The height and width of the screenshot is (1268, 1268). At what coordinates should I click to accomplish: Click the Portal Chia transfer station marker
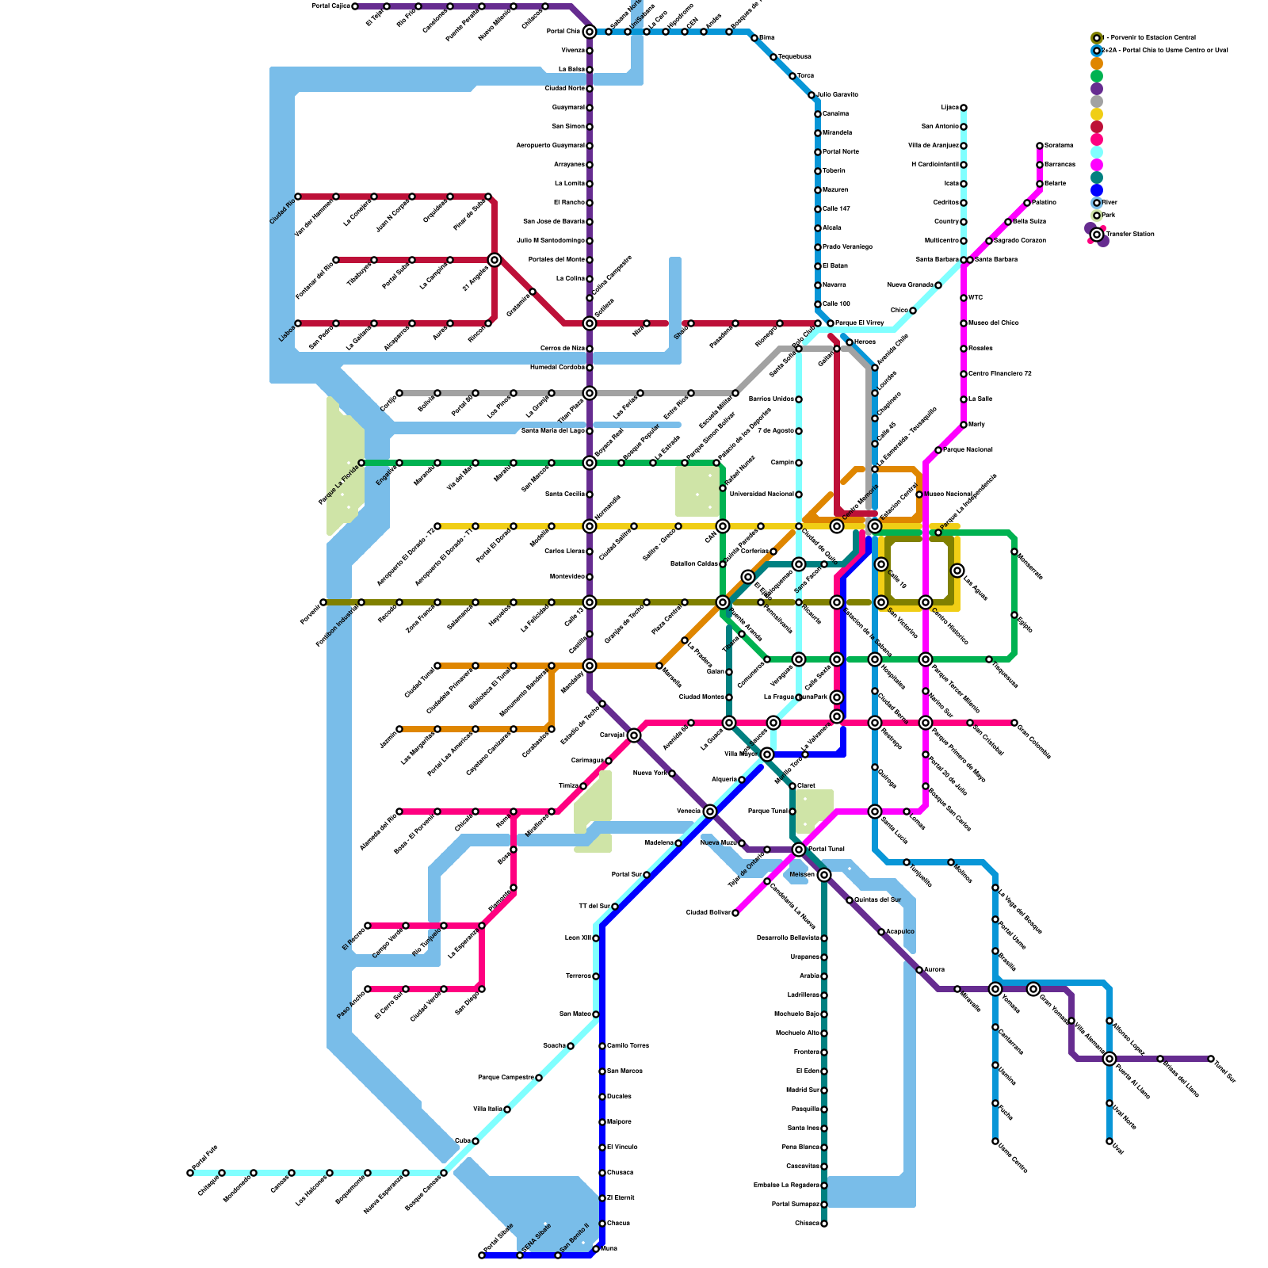tap(589, 32)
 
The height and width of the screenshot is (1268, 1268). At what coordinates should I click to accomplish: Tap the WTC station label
tap(976, 298)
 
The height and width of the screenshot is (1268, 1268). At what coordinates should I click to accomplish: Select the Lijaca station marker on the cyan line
tap(964, 108)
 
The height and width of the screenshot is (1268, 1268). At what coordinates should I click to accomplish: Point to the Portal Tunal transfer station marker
tap(799, 850)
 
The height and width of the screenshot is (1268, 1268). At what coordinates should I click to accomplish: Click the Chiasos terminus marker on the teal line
tap(824, 1224)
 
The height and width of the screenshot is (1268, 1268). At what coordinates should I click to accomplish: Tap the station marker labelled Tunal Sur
tap(1211, 1059)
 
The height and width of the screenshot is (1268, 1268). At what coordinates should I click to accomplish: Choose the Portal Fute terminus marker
tap(190, 1173)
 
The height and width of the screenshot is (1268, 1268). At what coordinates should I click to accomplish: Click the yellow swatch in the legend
tap(1097, 114)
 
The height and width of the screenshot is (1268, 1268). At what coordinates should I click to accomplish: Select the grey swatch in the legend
tap(1097, 101)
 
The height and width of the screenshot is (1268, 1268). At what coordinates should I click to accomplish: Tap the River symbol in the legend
tap(1097, 203)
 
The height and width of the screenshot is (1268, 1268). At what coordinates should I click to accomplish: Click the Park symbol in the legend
tap(1097, 216)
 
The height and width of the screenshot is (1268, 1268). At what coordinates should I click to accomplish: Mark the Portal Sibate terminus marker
tap(482, 1255)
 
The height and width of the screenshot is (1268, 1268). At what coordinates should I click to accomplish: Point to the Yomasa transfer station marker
tap(995, 989)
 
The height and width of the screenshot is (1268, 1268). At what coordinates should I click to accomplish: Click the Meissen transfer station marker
tap(824, 875)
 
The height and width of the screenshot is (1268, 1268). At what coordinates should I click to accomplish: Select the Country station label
tap(946, 222)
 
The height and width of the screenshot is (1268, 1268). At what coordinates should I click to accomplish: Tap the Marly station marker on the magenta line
tap(964, 425)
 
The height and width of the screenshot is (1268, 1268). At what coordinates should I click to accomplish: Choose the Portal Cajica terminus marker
tap(355, 6)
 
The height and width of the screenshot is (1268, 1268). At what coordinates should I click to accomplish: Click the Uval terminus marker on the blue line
tap(1109, 1141)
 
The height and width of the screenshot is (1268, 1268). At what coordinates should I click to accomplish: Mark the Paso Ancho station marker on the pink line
tap(368, 989)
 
